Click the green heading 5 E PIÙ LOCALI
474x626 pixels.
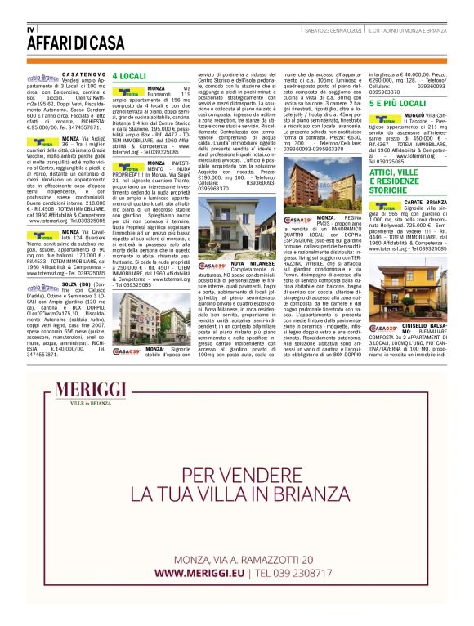coord(398,105)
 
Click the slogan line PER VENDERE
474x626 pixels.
coord(236,475)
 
